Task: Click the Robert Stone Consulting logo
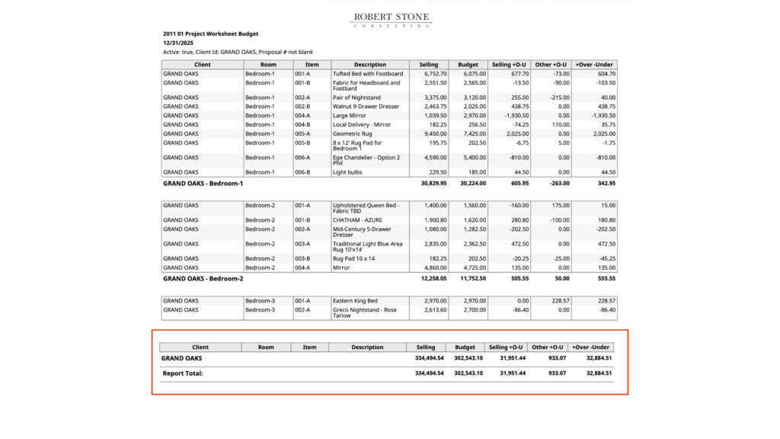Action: [392, 20]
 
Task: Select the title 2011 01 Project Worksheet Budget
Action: [210, 34]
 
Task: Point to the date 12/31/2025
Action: [179, 43]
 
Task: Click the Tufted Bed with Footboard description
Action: [368, 74]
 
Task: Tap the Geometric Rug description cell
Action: [354, 133]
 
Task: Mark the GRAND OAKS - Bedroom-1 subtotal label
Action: [203, 184]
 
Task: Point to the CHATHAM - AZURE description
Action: [360, 220]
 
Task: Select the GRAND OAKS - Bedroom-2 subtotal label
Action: [203, 279]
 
